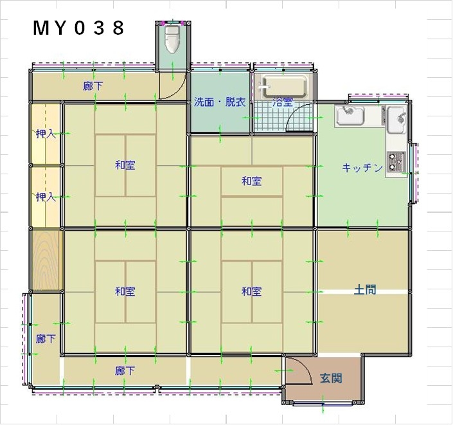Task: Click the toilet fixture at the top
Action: pyautogui.click(x=172, y=39)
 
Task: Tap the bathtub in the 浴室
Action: pyautogui.click(x=284, y=86)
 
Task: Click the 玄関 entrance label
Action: pyautogui.click(x=331, y=378)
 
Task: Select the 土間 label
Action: pyautogui.click(x=365, y=289)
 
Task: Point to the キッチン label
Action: pyautogui.click(x=362, y=167)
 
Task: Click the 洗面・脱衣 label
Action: pyautogui.click(x=220, y=102)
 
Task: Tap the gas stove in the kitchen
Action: pyautogui.click(x=396, y=163)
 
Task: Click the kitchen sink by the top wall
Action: pyautogui.click(x=350, y=115)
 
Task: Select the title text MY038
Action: pyautogui.click(x=78, y=28)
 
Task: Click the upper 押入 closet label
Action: pyautogui.click(x=46, y=134)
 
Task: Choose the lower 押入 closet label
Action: pyautogui.click(x=46, y=197)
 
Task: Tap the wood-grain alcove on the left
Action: pyautogui.click(x=46, y=259)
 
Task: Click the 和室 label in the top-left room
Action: pyautogui.click(x=125, y=165)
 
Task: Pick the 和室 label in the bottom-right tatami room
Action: pyautogui.click(x=252, y=291)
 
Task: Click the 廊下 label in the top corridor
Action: pyautogui.click(x=93, y=86)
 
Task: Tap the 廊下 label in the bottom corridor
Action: pyautogui.click(x=125, y=370)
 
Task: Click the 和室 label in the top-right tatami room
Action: pyautogui.click(x=252, y=181)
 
